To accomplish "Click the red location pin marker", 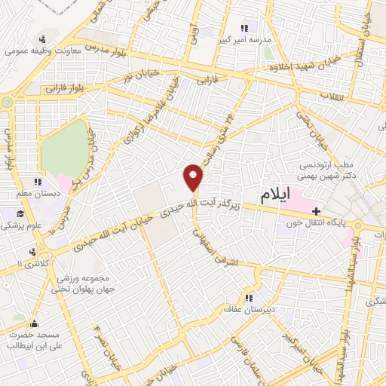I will [194, 177].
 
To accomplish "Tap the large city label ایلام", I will [274, 196].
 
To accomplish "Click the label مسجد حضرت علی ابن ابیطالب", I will [33, 339].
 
